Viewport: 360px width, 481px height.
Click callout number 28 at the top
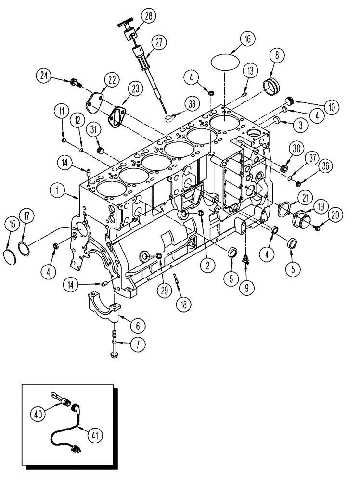148,16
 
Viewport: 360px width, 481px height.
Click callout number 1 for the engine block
58,191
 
